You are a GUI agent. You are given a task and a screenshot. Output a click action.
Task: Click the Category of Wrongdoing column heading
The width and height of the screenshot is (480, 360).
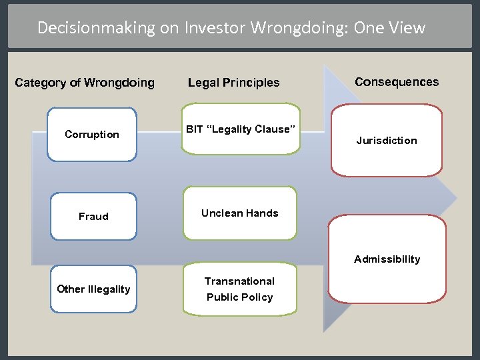point(85,83)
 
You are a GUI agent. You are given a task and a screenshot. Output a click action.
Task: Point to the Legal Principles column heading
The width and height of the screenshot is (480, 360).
point(233,83)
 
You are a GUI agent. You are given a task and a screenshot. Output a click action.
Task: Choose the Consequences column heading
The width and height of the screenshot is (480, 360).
point(397,82)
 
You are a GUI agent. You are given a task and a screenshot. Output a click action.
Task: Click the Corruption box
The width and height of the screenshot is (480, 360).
point(92,135)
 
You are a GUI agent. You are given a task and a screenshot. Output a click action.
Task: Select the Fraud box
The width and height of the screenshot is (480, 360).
point(93,216)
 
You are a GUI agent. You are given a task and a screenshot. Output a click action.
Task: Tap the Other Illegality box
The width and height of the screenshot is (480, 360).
point(93,289)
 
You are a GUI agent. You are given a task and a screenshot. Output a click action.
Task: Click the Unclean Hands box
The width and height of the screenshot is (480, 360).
point(240,213)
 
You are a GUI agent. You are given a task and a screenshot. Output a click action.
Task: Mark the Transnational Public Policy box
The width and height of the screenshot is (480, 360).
point(240,289)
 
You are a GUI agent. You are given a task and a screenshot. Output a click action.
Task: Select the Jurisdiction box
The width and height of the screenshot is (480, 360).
point(387,140)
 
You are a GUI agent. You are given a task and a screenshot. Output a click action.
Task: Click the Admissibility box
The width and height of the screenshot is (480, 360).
point(387,259)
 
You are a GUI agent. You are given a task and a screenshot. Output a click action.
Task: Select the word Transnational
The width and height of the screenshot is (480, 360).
point(239,281)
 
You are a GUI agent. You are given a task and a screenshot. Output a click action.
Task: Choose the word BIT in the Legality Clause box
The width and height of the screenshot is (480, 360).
point(194,129)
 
